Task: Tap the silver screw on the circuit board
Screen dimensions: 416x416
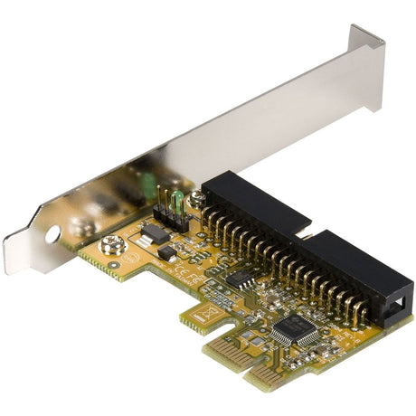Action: pyautogui.click(x=112, y=244)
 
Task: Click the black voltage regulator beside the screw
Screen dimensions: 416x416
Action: pyautogui.click(x=156, y=232)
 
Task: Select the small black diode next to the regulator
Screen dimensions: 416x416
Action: pyautogui.click(x=167, y=254)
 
